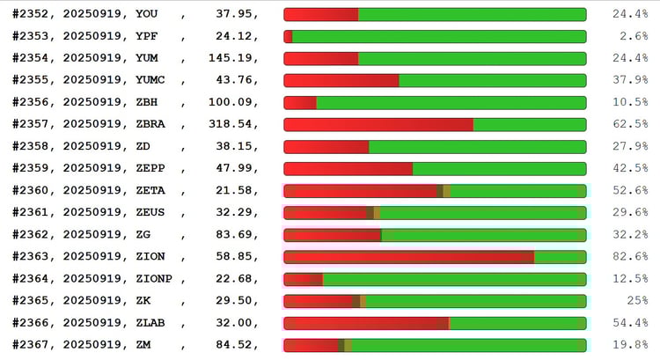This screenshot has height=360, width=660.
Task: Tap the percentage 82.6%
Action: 630,256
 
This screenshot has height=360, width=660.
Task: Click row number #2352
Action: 34,14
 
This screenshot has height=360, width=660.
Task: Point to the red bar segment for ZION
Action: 408,257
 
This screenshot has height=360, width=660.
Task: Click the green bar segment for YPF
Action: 439,36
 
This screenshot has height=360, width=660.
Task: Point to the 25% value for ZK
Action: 637,300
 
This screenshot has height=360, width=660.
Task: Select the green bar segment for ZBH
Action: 451,102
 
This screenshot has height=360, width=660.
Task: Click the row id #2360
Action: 34,190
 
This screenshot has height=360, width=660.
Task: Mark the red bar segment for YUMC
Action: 341,80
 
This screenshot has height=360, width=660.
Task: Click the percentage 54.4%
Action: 630,322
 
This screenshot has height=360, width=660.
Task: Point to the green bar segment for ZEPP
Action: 499,168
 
